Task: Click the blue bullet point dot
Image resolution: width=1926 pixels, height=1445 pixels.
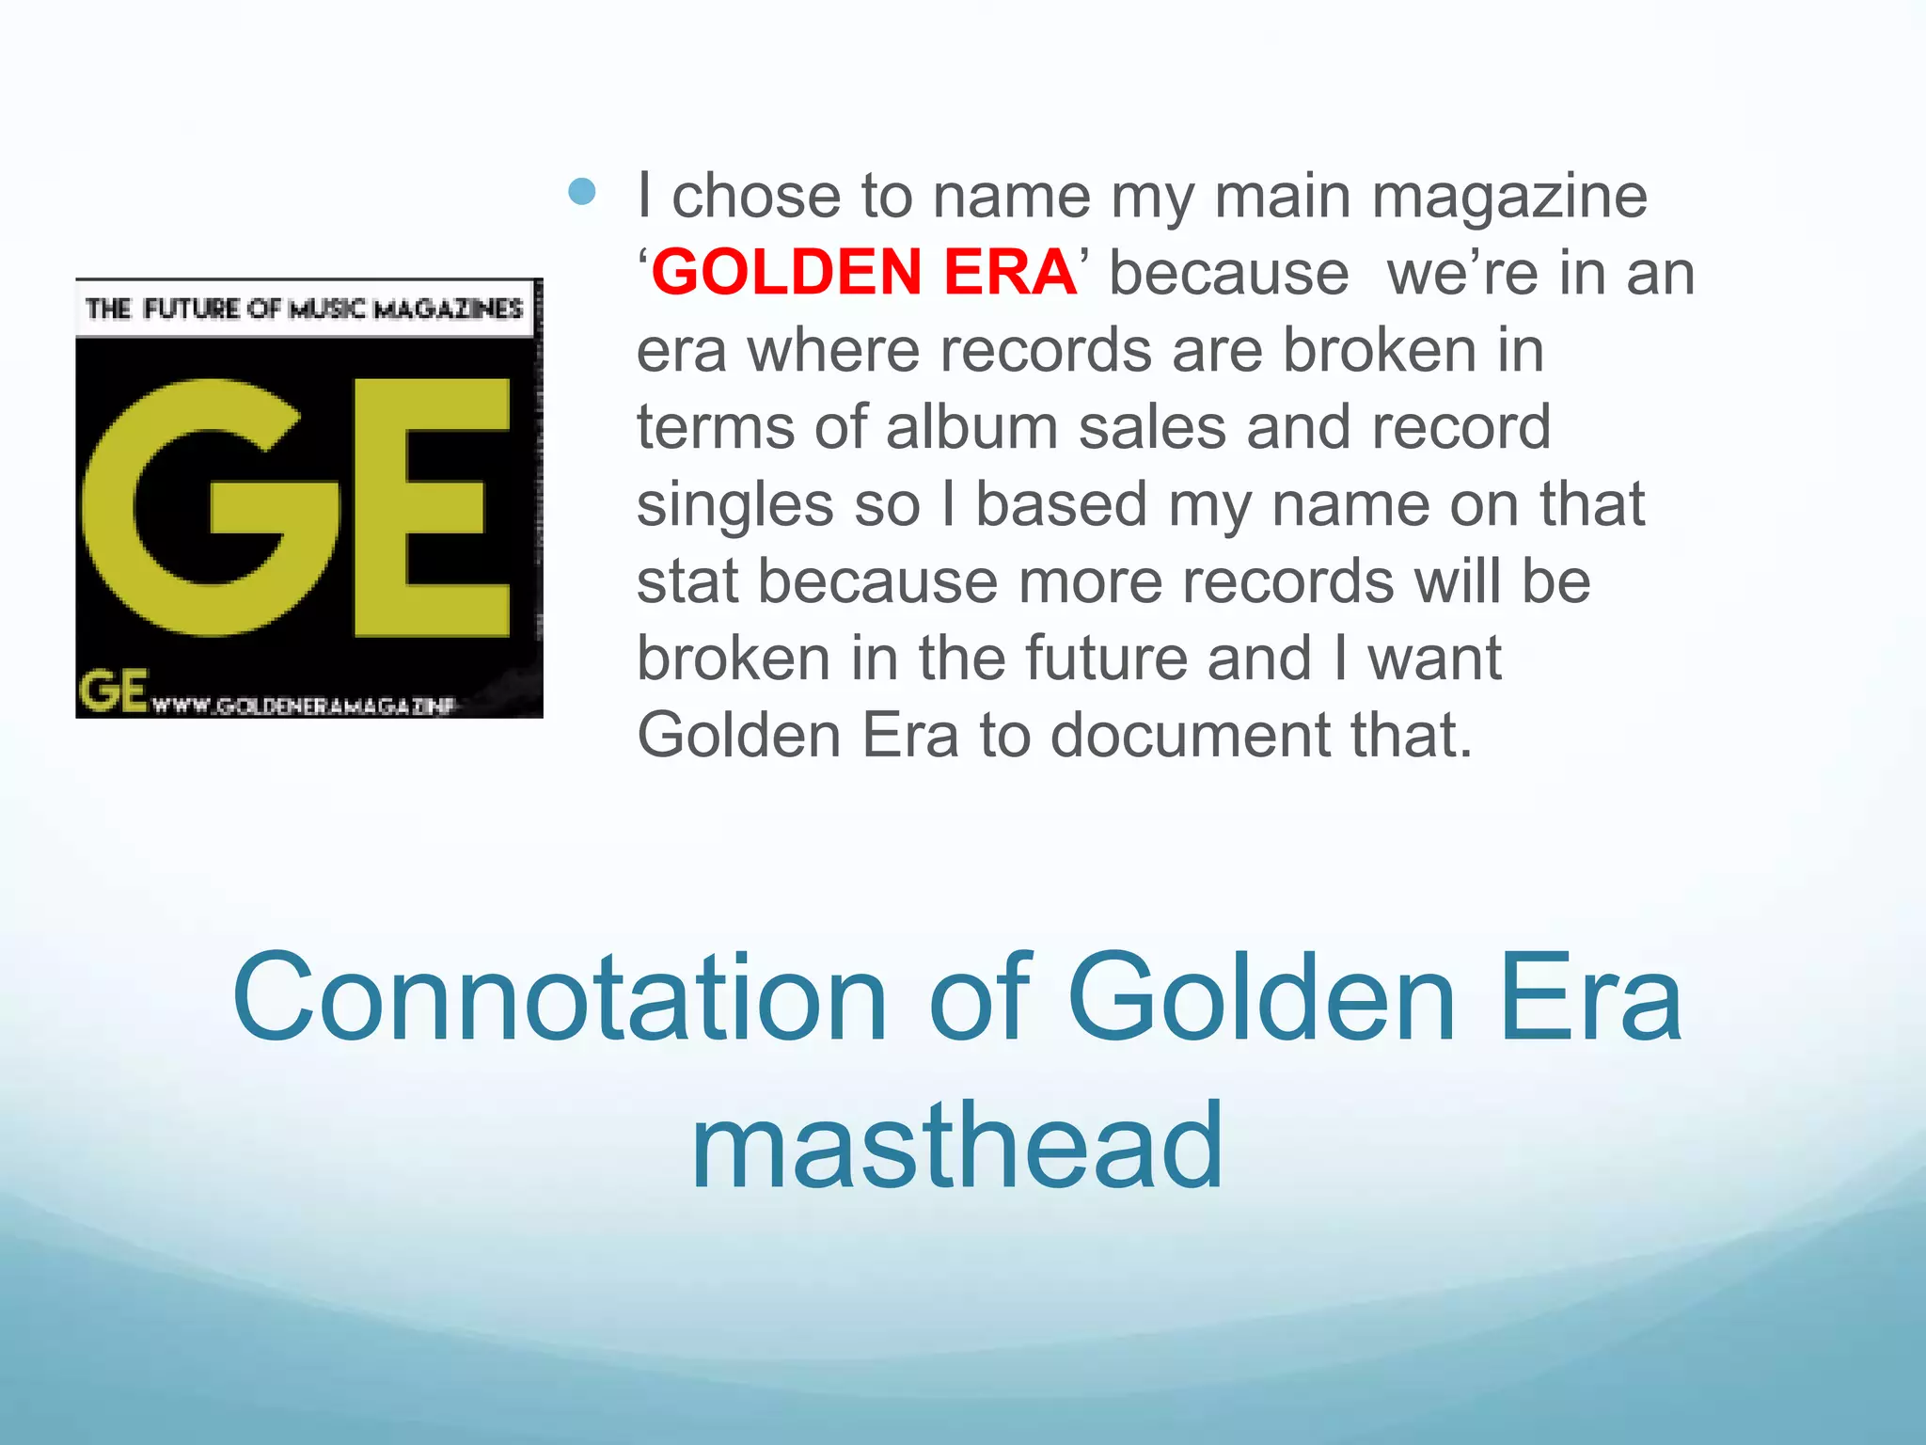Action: click(582, 193)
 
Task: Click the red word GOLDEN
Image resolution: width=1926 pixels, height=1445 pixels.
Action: click(786, 273)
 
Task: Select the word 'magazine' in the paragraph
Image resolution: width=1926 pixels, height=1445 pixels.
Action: click(1508, 198)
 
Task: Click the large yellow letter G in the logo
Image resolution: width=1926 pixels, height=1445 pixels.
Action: click(209, 508)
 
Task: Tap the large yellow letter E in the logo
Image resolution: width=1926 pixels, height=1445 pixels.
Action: click(430, 508)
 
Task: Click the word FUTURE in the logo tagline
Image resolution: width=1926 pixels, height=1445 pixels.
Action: click(192, 309)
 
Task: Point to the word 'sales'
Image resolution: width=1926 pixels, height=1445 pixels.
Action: click(1152, 427)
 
